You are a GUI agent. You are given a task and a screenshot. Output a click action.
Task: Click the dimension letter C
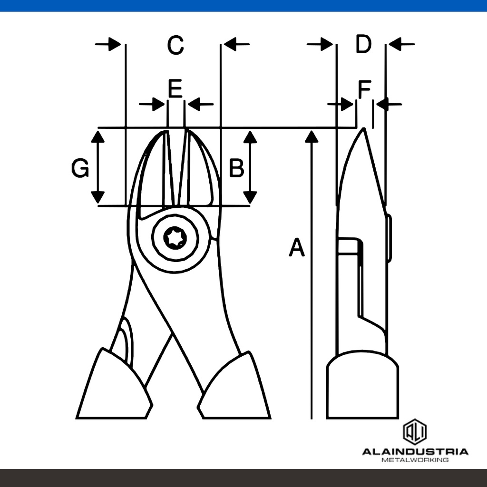pyautogui.click(x=175, y=45)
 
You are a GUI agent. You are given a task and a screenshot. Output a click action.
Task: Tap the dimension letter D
pyautogui.click(x=363, y=44)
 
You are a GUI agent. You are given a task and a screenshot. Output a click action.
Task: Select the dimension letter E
pyautogui.click(x=175, y=88)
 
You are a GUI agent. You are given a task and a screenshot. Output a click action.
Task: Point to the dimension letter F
pyautogui.click(x=365, y=89)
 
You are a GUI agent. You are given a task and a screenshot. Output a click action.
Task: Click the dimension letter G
pyautogui.click(x=80, y=168)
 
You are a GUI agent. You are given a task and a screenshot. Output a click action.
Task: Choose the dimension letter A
pyautogui.click(x=297, y=247)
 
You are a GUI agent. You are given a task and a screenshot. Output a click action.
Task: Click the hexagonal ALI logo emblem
pyautogui.click(x=415, y=432)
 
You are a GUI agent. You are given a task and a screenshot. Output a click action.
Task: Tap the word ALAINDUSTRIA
pyautogui.click(x=415, y=452)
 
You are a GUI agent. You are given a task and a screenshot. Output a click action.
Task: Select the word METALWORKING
pyautogui.click(x=415, y=460)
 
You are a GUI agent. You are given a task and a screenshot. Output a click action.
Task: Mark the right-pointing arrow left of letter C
pyautogui.click(x=108, y=44)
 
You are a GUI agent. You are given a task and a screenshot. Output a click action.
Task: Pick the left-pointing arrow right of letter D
pyautogui.click(x=401, y=44)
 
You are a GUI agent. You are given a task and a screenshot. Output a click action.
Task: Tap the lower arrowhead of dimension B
pyautogui.click(x=250, y=197)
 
